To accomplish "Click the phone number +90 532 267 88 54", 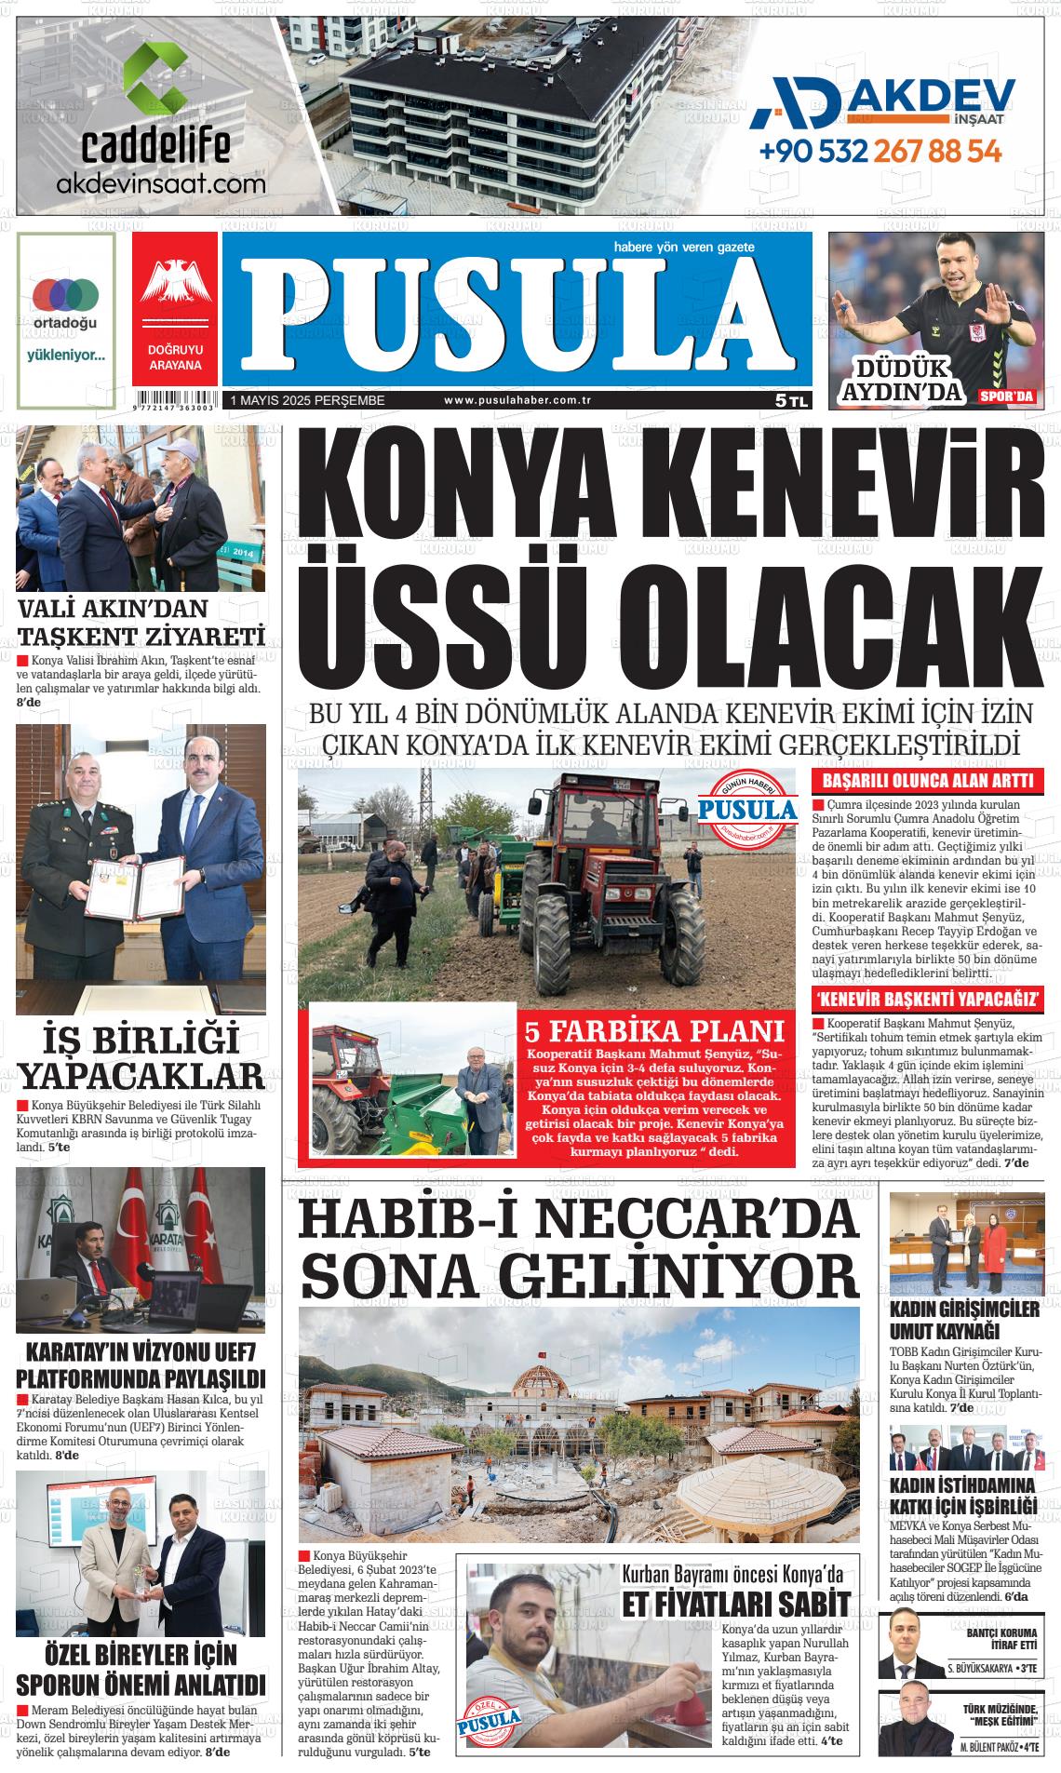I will click(x=880, y=150).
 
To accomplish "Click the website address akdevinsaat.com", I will click(x=161, y=183).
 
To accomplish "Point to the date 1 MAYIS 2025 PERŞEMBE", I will click(x=300, y=400).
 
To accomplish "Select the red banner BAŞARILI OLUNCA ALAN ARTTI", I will click(x=926, y=782).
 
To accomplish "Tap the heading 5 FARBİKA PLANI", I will click(x=654, y=1031).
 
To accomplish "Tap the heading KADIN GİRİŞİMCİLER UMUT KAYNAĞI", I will click(x=963, y=1319).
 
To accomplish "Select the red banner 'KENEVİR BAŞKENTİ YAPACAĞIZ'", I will click(x=926, y=1001).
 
